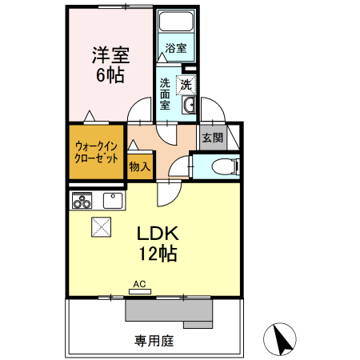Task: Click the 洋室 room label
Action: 110,55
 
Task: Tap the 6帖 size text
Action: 110,78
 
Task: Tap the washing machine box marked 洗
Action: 186,85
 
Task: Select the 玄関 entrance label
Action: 212,138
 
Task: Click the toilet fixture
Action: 227,166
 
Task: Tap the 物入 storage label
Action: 139,166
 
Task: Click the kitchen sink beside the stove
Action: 113,200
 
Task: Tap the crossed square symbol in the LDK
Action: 102,227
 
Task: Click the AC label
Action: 139,284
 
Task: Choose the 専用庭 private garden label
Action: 153,340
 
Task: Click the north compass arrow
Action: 282,340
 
